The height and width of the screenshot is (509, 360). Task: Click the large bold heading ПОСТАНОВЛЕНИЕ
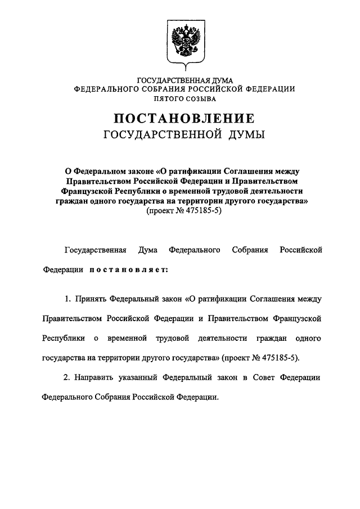[184, 119]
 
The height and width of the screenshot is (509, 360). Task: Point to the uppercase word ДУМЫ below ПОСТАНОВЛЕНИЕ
[246, 135]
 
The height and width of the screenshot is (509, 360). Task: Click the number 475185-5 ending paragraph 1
[279, 357]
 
